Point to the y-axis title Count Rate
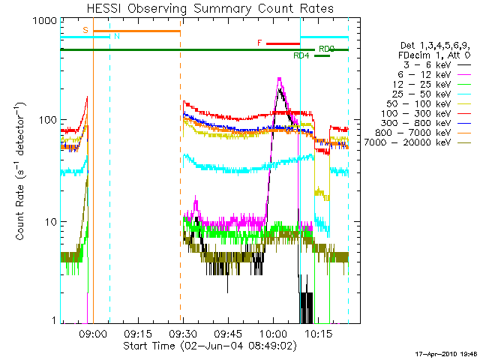pos(21,172)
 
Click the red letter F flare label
pos(259,43)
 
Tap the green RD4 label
pos(301,55)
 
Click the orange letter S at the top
pos(85,30)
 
